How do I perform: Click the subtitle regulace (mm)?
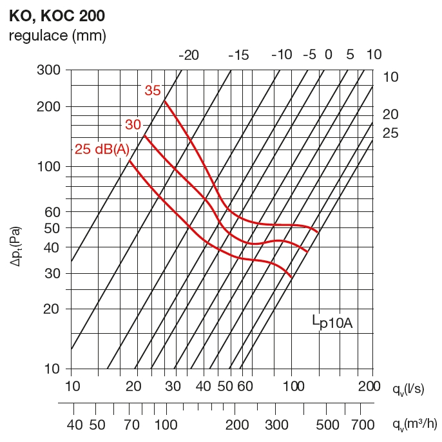pos(57,35)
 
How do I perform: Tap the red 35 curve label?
pos(153,91)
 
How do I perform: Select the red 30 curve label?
pos(133,124)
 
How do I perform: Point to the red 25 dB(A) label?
pos(102,149)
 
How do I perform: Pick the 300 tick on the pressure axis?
pos(48,70)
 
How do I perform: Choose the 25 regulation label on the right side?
pos(390,133)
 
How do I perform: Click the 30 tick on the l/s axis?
pos(172,387)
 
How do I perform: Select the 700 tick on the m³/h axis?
pos(363,425)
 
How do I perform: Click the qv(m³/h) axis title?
pos(415,424)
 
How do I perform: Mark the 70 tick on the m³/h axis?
pos(133,425)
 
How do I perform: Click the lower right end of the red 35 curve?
pos(318,232)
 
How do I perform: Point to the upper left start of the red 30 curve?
pos(144,135)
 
